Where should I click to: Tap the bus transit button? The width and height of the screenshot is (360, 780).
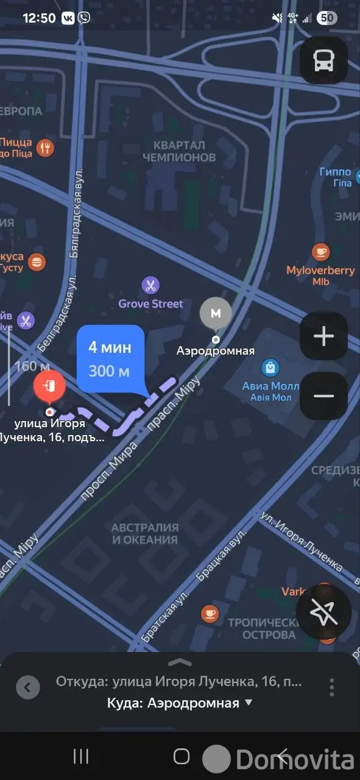(x=323, y=60)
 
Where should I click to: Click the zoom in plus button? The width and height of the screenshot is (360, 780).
(x=323, y=336)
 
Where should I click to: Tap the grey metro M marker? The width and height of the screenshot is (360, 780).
(x=216, y=313)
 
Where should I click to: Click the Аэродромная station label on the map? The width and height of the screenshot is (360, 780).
(x=215, y=351)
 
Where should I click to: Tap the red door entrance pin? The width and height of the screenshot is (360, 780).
(x=50, y=386)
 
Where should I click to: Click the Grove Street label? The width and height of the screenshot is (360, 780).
(x=150, y=303)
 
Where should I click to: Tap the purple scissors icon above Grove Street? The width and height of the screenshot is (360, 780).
(x=150, y=285)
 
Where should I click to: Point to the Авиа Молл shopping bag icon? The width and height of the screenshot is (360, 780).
(x=270, y=367)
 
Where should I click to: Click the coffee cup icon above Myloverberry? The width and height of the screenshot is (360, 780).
(x=320, y=251)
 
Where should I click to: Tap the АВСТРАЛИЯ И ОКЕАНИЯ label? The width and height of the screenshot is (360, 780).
(x=145, y=534)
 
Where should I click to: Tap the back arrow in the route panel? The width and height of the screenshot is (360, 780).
(x=27, y=688)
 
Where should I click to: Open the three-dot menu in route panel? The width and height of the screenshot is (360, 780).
(x=332, y=687)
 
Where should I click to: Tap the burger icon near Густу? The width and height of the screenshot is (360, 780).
(x=38, y=262)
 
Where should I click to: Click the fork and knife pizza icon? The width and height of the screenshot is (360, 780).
(x=45, y=147)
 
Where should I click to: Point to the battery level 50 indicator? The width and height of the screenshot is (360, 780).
(x=327, y=18)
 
